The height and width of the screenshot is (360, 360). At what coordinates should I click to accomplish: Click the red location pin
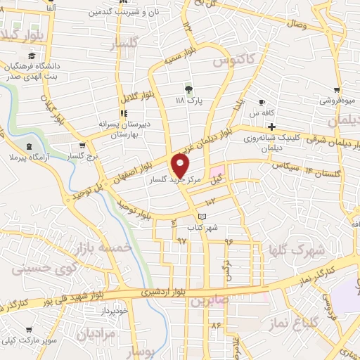point(181,166)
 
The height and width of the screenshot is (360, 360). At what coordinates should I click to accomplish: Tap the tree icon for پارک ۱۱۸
point(188,89)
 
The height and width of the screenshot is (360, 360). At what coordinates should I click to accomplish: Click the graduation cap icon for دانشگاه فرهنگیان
point(31,56)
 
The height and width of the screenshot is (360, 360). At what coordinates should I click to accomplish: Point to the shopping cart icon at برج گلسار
point(83,146)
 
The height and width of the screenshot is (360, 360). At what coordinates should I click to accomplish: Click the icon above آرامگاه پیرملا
point(28,146)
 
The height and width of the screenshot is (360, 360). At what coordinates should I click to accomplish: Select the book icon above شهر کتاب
point(203,217)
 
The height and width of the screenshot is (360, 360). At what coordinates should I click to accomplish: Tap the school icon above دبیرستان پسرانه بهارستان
point(124,113)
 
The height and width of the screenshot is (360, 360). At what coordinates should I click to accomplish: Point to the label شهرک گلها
point(297,250)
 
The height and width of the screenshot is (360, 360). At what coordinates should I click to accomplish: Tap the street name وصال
point(295,25)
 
